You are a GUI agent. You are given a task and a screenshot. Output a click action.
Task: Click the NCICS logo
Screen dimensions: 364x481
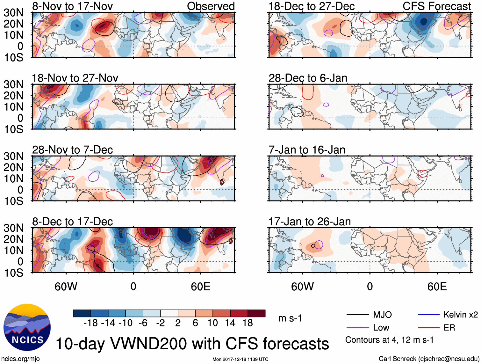point(27,327)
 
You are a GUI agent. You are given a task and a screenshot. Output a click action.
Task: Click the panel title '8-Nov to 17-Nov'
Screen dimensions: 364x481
point(72,6)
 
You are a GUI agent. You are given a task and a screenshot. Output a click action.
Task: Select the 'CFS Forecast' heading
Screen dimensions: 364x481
point(436,6)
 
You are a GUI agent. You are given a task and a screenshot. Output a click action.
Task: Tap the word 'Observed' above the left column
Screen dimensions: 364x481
point(211,6)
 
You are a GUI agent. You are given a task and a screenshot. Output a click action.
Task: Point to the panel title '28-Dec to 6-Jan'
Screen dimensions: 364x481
point(308,78)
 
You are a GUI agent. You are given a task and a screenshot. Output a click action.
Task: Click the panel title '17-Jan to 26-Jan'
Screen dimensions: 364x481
point(309,222)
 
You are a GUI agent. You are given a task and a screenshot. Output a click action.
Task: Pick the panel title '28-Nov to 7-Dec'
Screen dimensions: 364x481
point(72,150)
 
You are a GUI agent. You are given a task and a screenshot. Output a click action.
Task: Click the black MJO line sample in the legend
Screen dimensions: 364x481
point(357,315)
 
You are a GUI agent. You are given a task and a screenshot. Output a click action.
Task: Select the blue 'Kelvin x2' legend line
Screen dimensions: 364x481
point(429,315)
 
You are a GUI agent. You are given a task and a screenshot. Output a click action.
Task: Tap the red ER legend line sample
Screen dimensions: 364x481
point(429,327)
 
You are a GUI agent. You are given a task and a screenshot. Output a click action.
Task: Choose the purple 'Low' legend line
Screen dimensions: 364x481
point(357,327)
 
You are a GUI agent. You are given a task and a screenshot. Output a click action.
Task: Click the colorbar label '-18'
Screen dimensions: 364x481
point(91,323)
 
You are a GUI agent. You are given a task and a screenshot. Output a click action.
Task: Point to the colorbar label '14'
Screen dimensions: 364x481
point(230,323)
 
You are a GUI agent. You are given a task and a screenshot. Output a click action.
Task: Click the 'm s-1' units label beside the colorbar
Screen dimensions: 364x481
point(290,318)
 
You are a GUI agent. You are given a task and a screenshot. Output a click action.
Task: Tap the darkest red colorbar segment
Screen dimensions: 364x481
point(256,313)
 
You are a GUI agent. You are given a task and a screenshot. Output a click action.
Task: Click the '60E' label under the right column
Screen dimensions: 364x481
point(437,287)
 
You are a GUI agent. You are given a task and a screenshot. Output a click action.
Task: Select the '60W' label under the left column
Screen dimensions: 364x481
point(66,287)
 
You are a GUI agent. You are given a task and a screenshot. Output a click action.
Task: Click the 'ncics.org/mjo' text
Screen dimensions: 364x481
point(20,359)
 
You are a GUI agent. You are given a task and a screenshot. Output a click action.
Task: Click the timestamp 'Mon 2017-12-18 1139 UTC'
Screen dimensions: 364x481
point(240,359)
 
